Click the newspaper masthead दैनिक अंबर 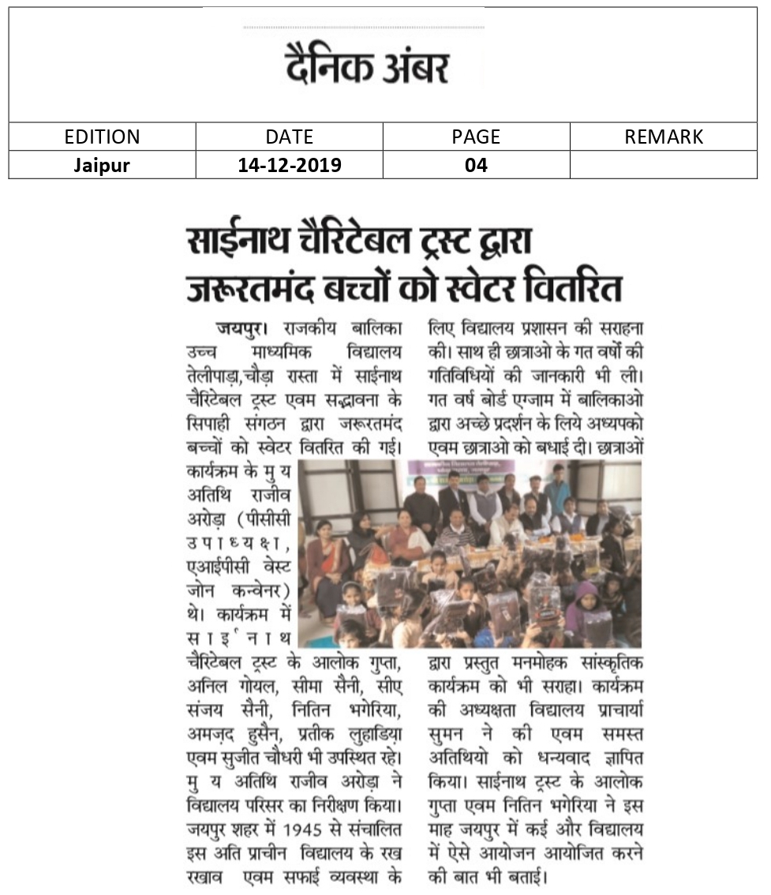[x=368, y=68]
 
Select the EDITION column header [x=102, y=137]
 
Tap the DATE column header [x=289, y=137]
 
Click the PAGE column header [x=476, y=137]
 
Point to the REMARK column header [x=663, y=137]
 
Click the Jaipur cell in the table [x=102, y=165]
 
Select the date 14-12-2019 [x=289, y=165]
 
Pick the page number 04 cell [x=476, y=165]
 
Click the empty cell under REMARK [x=663, y=165]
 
